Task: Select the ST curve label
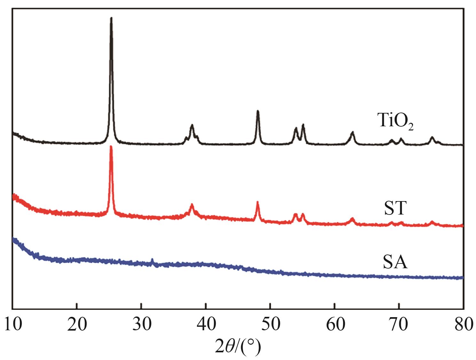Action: [395, 208]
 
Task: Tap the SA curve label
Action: [395, 263]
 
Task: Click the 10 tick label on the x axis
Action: [13, 325]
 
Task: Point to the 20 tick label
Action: [77, 325]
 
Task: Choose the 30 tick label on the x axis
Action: [141, 325]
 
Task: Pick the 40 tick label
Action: [206, 325]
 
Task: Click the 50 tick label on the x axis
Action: [270, 325]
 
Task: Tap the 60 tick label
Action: [334, 325]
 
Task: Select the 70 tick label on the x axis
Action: [399, 325]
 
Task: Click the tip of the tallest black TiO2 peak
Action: [111, 18]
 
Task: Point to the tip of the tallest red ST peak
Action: [111, 147]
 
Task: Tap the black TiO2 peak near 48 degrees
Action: [258, 111]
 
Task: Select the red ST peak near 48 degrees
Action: [258, 202]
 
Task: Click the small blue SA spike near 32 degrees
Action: [152, 260]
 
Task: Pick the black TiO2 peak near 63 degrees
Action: [353, 132]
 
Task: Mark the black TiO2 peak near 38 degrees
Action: [192, 125]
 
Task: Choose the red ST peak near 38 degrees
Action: [192, 205]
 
